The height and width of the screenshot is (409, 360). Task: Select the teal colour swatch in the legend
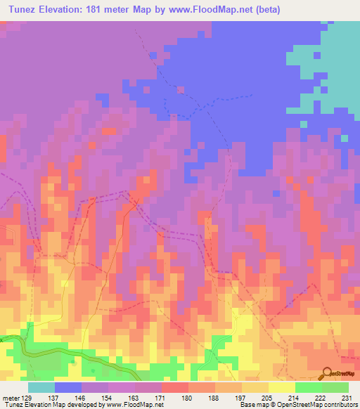coord(41,387)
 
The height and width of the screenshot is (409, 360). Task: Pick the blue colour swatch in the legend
coord(67,387)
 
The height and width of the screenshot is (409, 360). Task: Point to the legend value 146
coord(81,397)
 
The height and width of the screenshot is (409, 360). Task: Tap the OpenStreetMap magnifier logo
coord(326,372)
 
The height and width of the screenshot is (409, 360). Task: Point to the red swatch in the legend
coord(174,387)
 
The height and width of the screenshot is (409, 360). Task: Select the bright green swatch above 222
coord(308,387)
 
